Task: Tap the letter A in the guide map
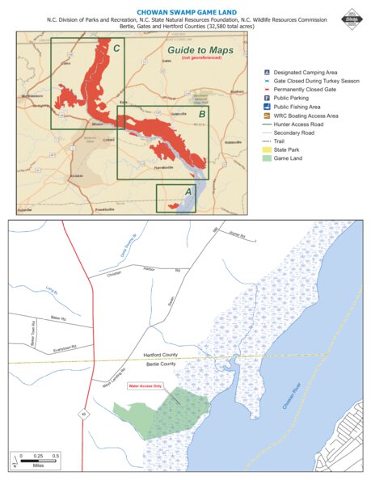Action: pos(188,192)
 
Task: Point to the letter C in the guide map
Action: pos(117,48)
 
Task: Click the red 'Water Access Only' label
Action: pos(145,386)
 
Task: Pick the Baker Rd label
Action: pos(56,318)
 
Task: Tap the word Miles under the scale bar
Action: pos(38,465)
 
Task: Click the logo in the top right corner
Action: pos(352,17)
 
